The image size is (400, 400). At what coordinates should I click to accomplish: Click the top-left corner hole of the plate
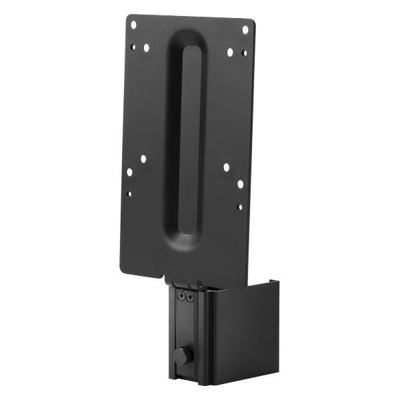133,25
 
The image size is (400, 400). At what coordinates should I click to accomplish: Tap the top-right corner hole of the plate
245,29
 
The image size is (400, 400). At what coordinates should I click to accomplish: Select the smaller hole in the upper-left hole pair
133,47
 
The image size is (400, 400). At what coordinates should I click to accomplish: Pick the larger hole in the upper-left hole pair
146,47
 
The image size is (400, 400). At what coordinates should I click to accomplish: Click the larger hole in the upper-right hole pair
230,51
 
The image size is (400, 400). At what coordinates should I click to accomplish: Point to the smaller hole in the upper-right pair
244,53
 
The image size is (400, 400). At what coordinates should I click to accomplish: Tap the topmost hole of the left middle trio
143,159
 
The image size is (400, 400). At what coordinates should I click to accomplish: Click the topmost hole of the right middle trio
226,167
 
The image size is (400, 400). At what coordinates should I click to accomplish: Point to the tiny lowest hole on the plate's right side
239,207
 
